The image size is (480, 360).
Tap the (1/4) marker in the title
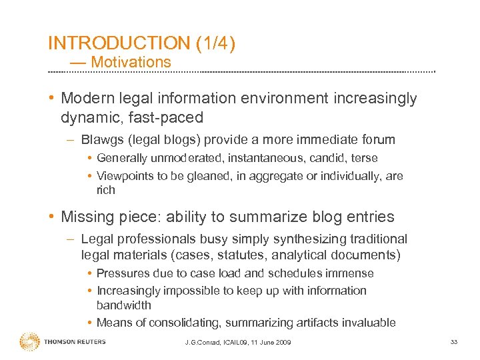(x=216, y=43)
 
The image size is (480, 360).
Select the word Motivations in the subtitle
(x=131, y=62)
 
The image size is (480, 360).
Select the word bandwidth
(x=124, y=305)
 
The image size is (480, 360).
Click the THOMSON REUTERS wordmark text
(x=75, y=342)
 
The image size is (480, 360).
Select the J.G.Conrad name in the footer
(x=203, y=343)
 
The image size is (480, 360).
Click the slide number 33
(x=453, y=342)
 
